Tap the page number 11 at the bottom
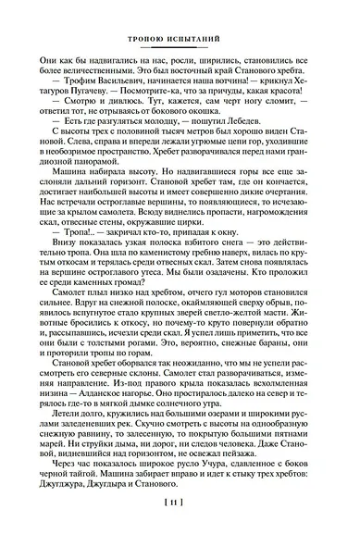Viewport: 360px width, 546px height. pos(180,527)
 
